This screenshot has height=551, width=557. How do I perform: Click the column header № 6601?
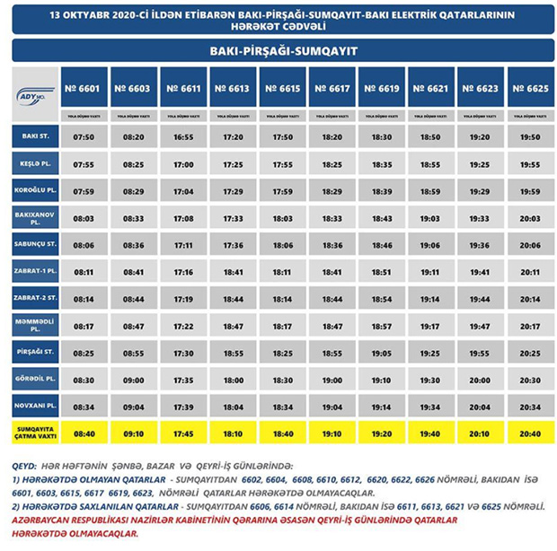pyautogui.click(x=85, y=88)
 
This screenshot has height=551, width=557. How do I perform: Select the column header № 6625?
pyautogui.click(x=530, y=88)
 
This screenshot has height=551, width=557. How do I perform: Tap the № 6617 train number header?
pyautogui.click(x=332, y=88)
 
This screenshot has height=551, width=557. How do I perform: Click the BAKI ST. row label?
pyautogui.click(x=35, y=136)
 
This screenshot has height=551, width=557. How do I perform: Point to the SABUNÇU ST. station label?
pyautogui.click(x=35, y=243)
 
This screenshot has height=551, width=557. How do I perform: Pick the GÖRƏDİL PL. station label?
pyautogui.click(x=35, y=379)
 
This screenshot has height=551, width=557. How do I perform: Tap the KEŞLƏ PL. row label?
pyautogui.click(x=35, y=164)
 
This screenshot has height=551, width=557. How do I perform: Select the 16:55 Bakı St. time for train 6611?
pyautogui.click(x=184, y=137)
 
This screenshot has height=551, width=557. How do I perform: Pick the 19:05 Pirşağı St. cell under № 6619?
pyautogui.click(x=382, y=353)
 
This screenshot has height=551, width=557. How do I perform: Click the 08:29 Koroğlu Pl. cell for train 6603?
pyautogui.click(x=135, y=191)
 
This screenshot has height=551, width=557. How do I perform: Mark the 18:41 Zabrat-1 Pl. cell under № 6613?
pyautogui.click(x=234, y=271)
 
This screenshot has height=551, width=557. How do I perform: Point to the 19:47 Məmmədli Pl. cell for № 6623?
pyautogui.click(x=481, y=325)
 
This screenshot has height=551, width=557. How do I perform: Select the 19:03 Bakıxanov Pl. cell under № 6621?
pyautogui.click(x=431, y=217)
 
